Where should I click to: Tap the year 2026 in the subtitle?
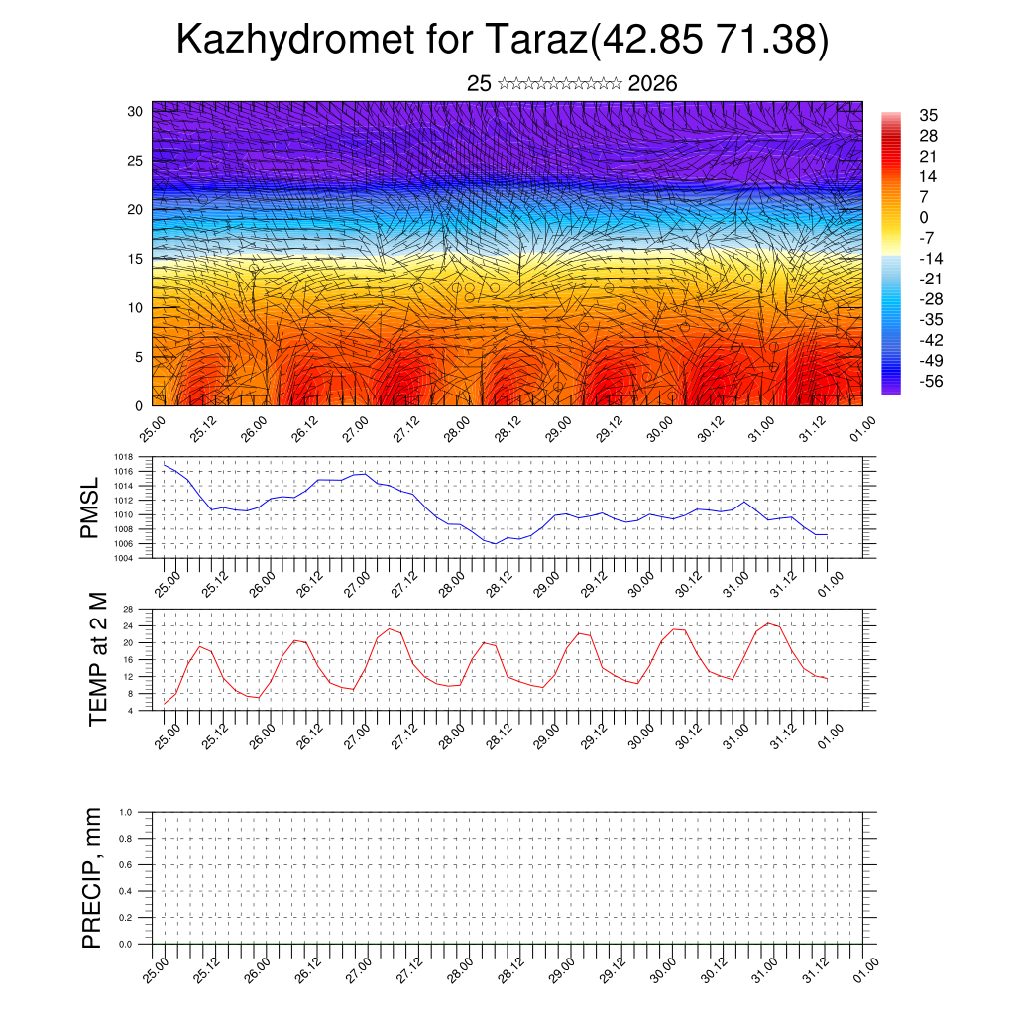pyautogui.click(x=652, y=84)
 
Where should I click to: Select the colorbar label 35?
pyautogui.click(x=929, y=115)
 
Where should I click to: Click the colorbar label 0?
pyautogui.click(x=924, y=217)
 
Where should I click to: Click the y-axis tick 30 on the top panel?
pyautogui.click(x=135, y=111)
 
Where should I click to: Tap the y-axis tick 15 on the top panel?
pyautogui.click(x=135, y=259)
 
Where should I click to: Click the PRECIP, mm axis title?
pyautogui.click(x=92, y=877)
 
